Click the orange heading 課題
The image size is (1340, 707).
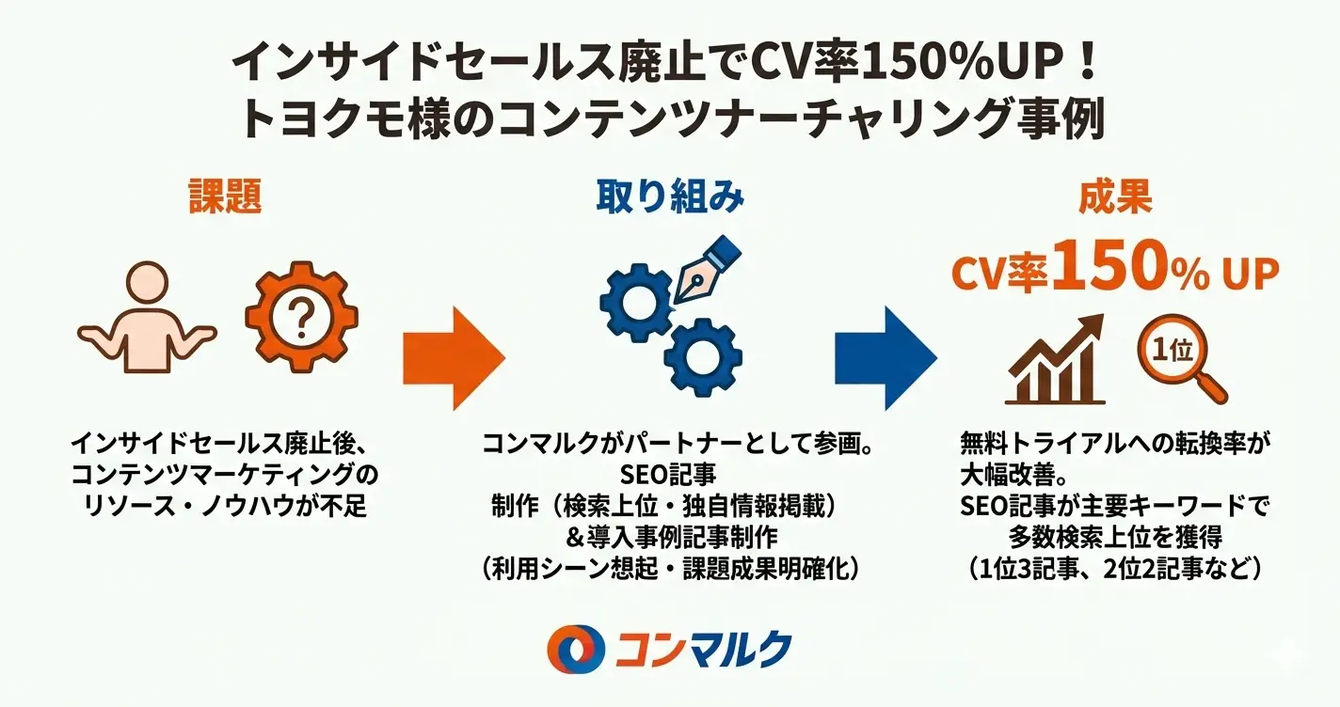click(x=224, y=197)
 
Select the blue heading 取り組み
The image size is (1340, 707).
click(x=670, y=197)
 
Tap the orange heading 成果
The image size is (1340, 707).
click(x=1116, y=197)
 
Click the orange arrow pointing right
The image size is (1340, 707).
click(x=454, y=357)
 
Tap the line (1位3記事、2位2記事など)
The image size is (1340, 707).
click(x=1115, y=569)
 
